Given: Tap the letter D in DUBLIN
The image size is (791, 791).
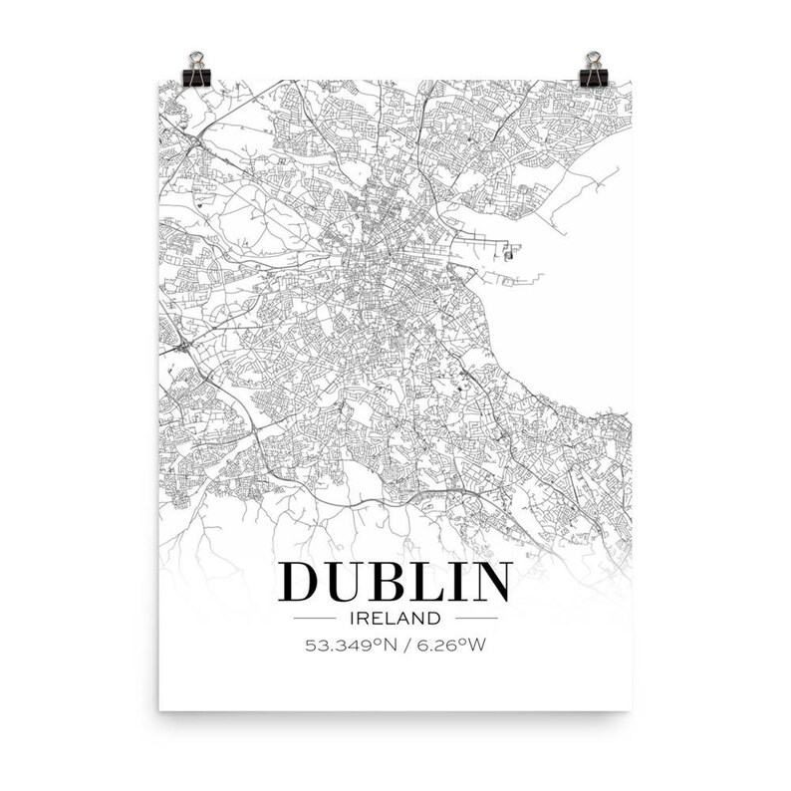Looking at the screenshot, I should pos(303,583).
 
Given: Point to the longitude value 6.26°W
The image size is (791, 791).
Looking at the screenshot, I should pos(452,645).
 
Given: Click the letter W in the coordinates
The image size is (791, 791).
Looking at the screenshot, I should pos(480,645).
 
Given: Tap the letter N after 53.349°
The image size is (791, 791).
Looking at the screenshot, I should pos(392,645).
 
